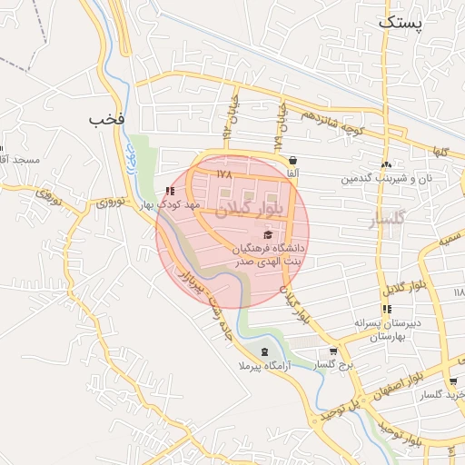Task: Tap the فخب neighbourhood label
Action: coord(106,118)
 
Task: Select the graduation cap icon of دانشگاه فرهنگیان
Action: coord(266,234)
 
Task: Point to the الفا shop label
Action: coord(291,173)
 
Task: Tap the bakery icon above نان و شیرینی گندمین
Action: coord(387,164)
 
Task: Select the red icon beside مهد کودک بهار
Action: coord(169,192)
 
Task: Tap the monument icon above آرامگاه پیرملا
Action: coord(264,351)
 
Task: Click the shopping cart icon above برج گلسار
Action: coord(333,351)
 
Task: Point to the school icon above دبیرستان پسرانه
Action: coord(387,310)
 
